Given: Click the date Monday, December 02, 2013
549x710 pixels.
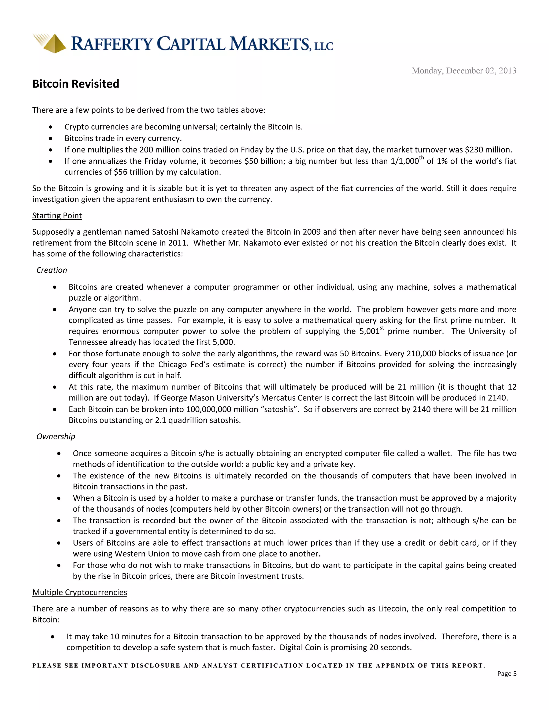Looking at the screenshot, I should [464, 71].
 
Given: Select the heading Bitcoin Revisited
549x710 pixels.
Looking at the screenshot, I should [76, 84].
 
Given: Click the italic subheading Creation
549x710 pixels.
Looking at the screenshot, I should [51, 270].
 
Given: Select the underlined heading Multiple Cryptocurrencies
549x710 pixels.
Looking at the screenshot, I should [80, 592].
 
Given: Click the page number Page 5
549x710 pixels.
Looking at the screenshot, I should [506, 674].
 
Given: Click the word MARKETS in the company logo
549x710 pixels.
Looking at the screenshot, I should [269, 44].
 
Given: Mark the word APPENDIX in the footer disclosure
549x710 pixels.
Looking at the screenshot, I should [395, 666].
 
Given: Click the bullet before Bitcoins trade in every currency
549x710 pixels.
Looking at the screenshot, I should [50, 139].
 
